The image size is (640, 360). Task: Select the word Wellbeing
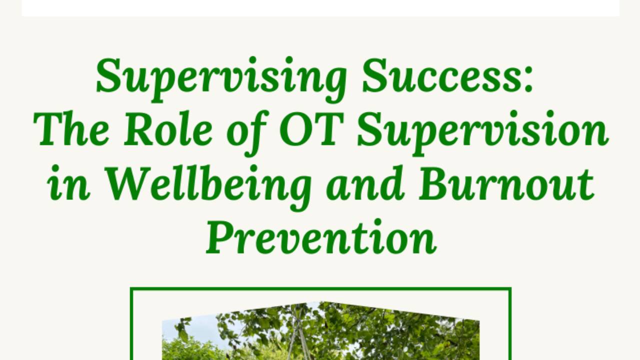[x=209, y=184]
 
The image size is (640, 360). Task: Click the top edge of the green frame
[x=320, y=288]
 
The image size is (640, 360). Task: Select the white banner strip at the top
[x=320, y=7]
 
